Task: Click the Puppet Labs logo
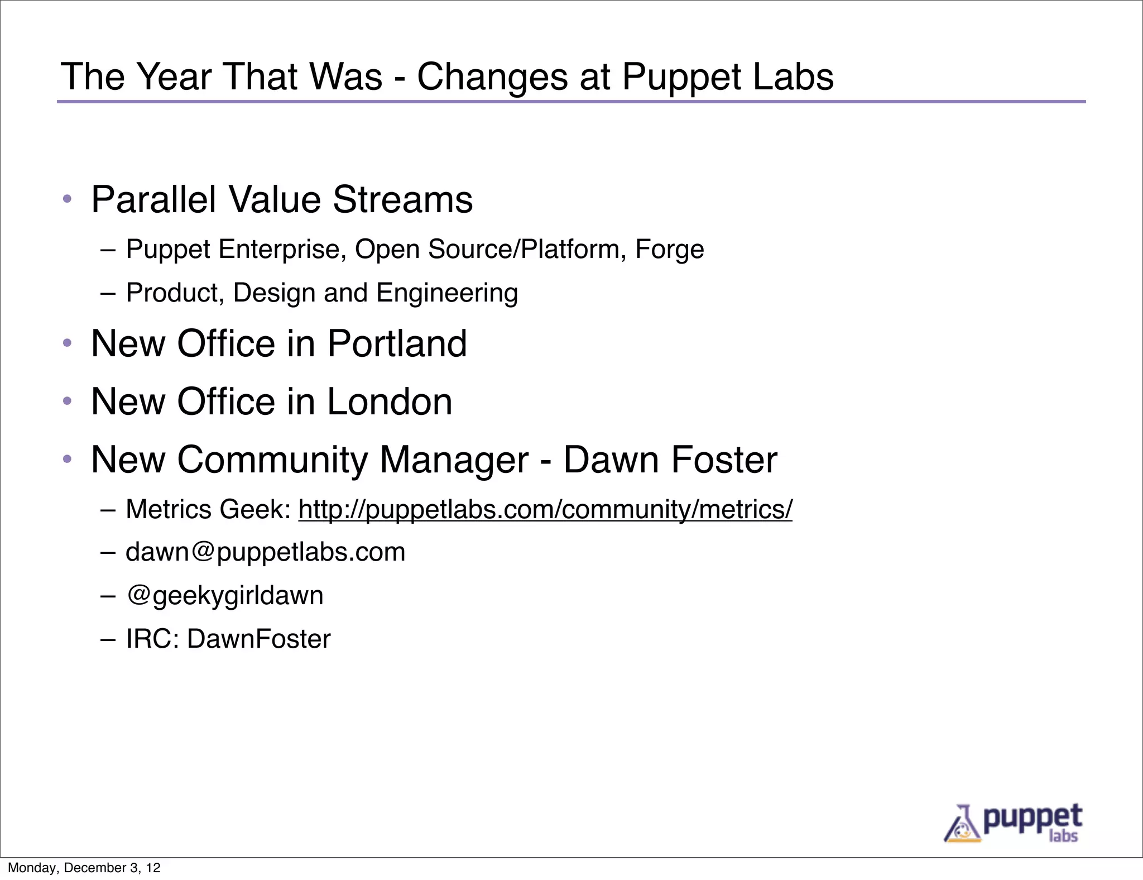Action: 1012,822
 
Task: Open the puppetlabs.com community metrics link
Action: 545,509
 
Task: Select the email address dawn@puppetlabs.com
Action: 265,552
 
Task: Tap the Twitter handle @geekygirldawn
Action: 225,595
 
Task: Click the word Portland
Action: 397,343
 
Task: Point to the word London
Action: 390,401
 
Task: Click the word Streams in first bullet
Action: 402,199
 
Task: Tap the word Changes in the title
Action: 492,76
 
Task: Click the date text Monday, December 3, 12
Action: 84,868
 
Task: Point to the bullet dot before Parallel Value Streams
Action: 68,199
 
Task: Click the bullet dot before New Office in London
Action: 68,401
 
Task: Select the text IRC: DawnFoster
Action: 228,639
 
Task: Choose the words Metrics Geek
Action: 208,509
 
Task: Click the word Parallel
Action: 153,199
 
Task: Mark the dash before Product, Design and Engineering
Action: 108,293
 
